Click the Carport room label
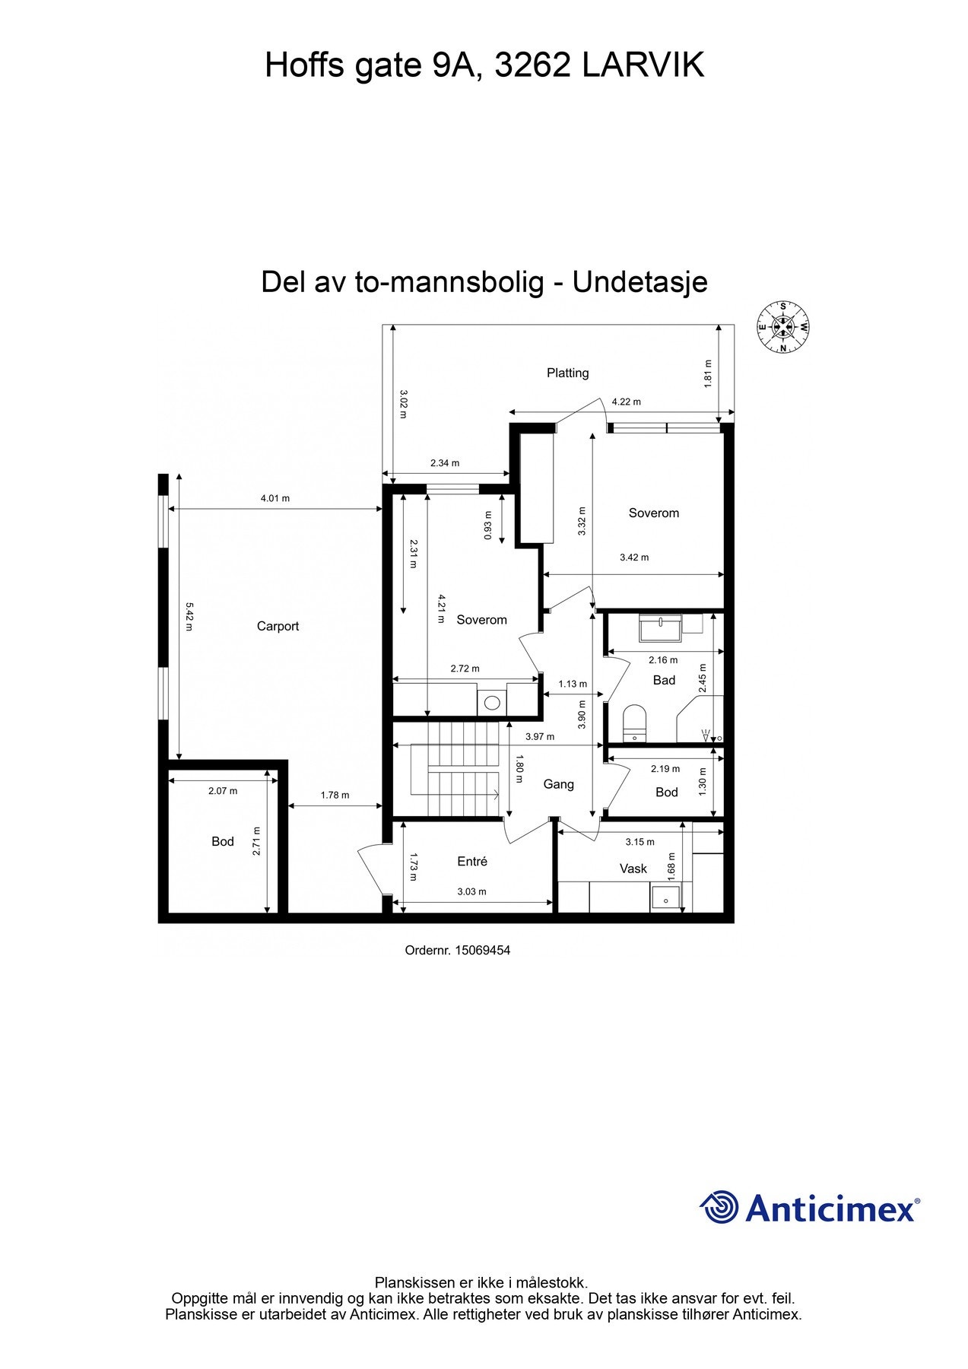point(278,626)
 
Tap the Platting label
point(568,373)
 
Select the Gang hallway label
point(558,784)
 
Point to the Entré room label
point(472,861)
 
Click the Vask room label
point(633,868)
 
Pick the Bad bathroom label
point(664,680)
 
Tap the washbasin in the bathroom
point(661,628)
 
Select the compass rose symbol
point(782,328)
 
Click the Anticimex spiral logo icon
point(719,1207)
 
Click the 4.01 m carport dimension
point(275,499)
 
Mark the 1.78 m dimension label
point(335,795)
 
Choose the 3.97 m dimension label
point(540,736)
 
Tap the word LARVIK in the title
point(643,66)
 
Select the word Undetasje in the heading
point(640,282)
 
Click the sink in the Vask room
point(666,899)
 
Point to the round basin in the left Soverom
point(492,702)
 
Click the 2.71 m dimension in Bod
point(257,841)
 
